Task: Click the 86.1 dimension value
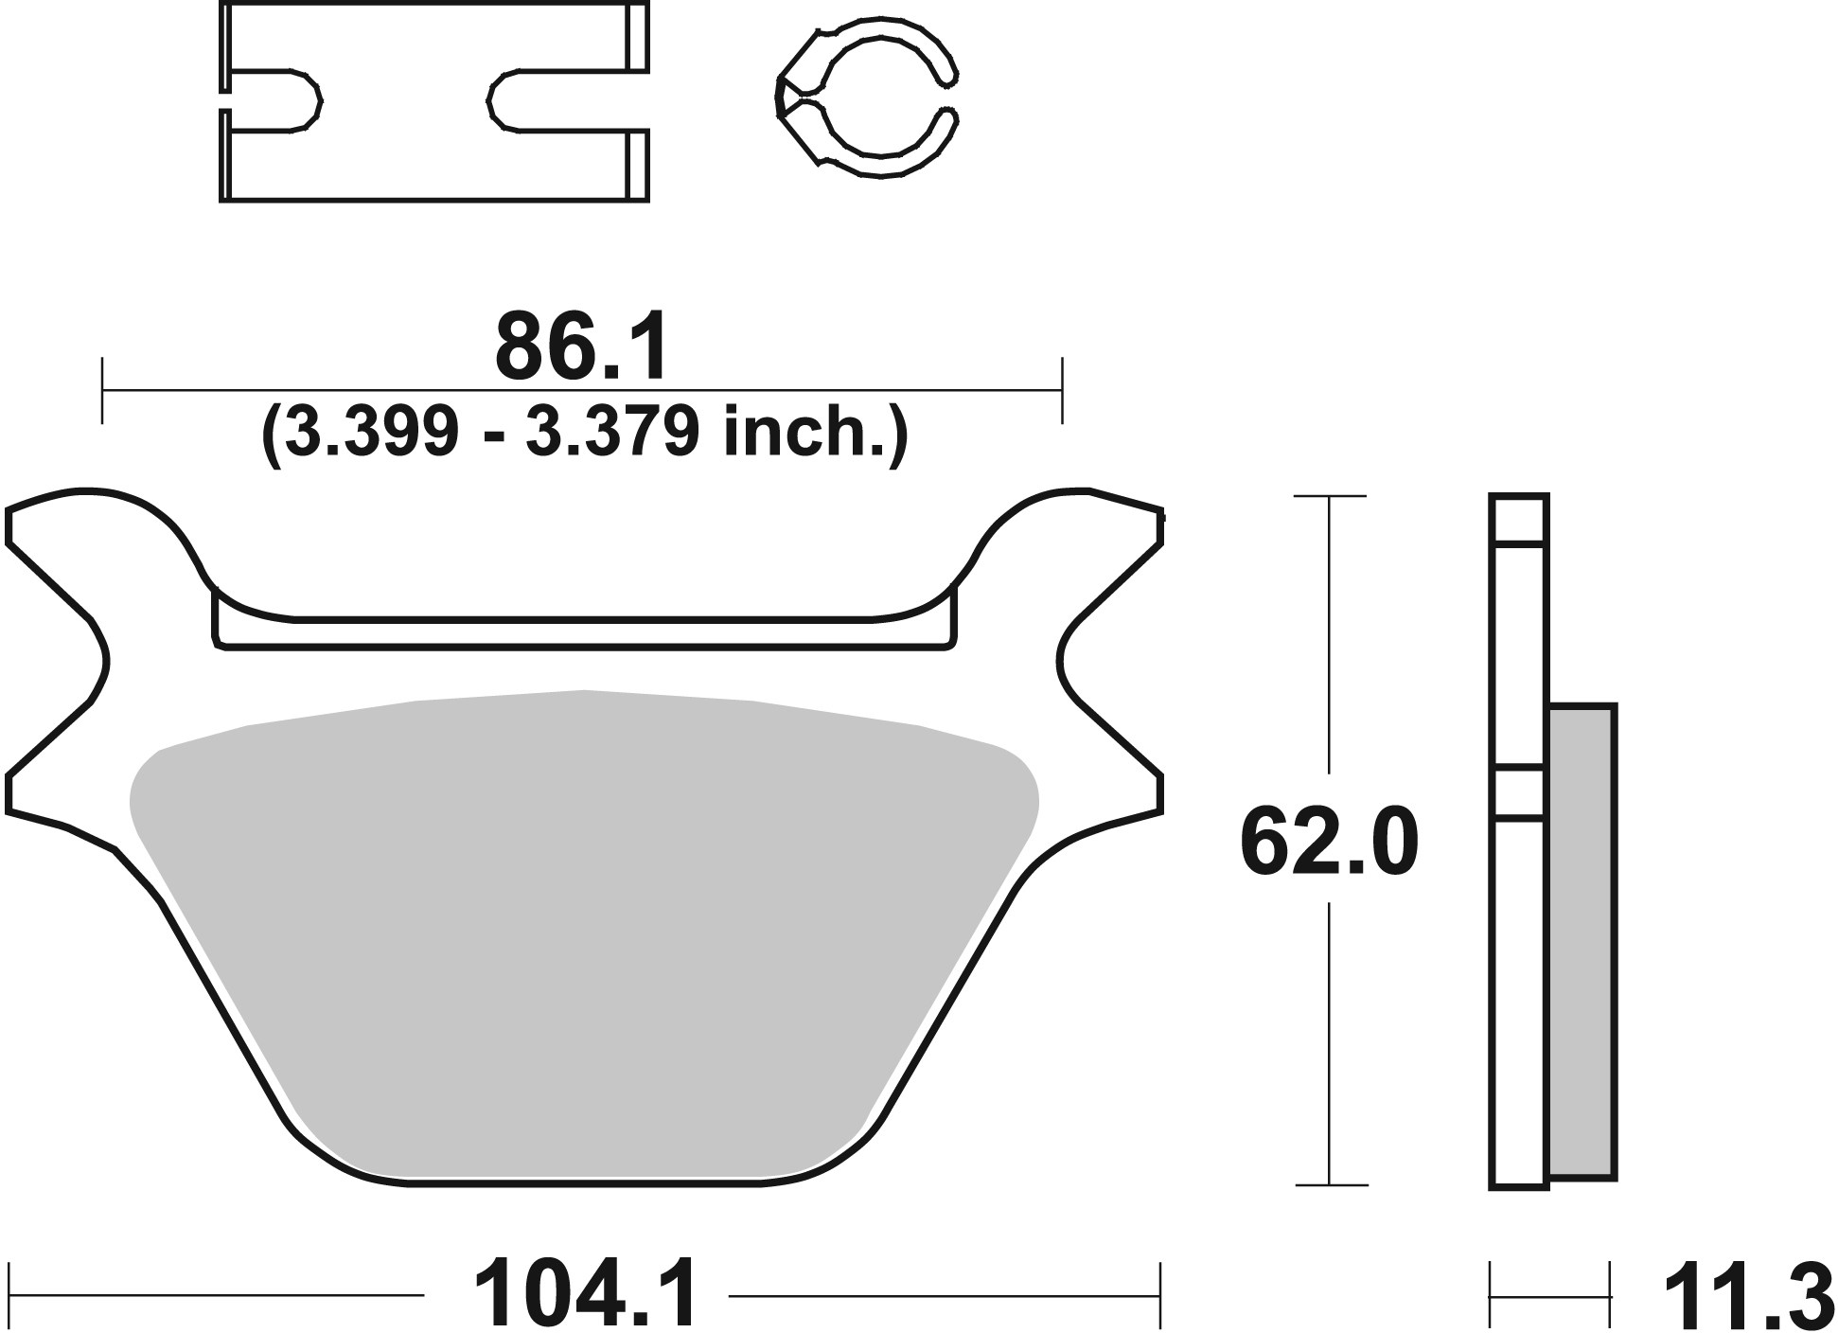pyautogui.click(x=580, y=347)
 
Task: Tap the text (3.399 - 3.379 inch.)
pyautogui.click(x=584, y=434)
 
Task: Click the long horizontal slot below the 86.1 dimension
pyautogui.click(x=582, y=633)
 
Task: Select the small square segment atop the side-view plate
pyautogui.click(x=1518, y=519)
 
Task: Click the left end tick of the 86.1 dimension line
pyautogui.click(x=101, y=389)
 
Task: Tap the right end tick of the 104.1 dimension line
pyautogui.click(x=1160, y=1294)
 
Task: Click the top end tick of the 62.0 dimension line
pyautogui.click(x=1330, y=496)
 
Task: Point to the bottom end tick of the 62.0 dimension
pyautogui.click(x=1330, y=1184)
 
